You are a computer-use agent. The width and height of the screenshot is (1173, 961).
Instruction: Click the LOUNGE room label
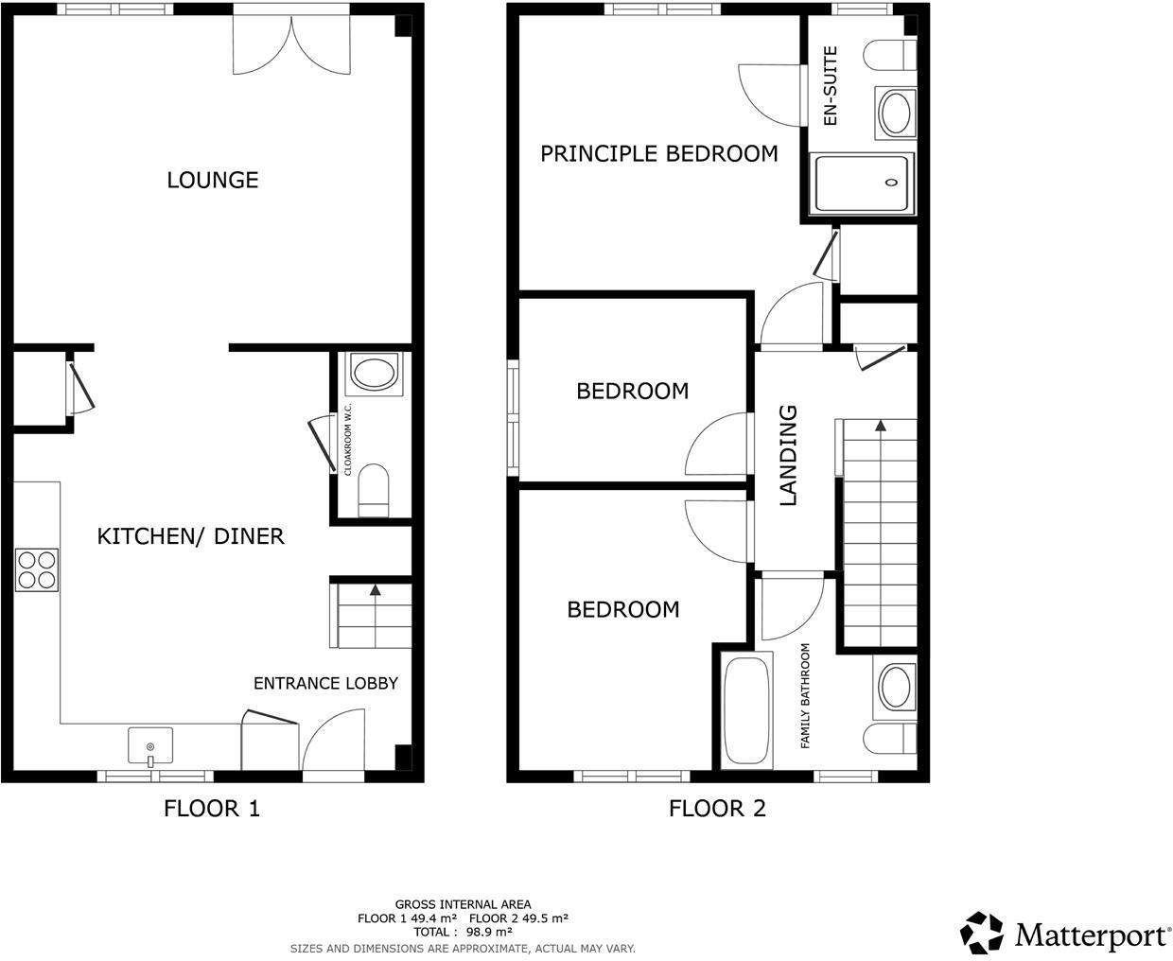pos(213,180)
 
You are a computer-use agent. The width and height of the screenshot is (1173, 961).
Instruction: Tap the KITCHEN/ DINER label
pos(190,536)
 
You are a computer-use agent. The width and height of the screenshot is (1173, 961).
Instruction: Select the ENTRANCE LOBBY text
pos(325,683)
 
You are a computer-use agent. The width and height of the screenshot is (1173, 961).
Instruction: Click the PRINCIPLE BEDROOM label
pos(658,153)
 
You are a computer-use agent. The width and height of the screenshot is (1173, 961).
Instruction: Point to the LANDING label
pos(788,455)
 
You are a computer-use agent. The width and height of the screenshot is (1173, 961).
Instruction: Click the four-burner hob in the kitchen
pos(36,569)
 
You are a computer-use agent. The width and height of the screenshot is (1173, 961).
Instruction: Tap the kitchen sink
pos(150,745)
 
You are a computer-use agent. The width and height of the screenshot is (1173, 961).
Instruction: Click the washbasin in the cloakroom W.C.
pos(375,373)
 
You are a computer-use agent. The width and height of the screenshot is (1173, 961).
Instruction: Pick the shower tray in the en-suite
pos(862,183)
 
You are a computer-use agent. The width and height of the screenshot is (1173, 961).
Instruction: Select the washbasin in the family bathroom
pos(894,687)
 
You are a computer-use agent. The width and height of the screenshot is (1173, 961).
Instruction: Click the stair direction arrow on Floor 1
pos(376,590)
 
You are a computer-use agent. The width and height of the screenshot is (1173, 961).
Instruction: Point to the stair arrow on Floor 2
pos(881,427)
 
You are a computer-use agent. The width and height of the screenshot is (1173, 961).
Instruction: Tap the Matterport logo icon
pos(982,933)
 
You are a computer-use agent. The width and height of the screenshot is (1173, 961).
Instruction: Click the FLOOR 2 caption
pos(717,809)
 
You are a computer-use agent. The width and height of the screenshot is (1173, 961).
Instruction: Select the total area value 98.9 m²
pos(489,932)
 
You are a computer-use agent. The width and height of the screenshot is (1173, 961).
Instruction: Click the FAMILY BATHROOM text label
pos(806,696)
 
